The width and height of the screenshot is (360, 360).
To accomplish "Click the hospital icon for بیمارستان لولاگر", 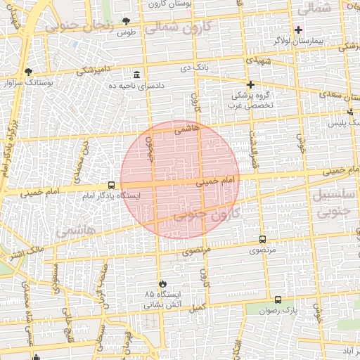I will (297, 30).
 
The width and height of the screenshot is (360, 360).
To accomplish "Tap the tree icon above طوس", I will (126, 22).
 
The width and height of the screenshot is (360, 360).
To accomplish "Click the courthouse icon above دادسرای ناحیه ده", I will (136, 75).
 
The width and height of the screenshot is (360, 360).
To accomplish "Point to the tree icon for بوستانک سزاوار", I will (28, 72).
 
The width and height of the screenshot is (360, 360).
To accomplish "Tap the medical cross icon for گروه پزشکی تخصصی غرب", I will (250, 84).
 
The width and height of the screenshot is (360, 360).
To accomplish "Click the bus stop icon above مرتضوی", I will (262, 239).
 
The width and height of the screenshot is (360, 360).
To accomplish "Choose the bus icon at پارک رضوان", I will (278, 300).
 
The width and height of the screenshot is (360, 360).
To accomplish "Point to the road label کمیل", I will (198, 307).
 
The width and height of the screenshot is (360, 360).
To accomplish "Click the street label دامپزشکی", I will (92, 70).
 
